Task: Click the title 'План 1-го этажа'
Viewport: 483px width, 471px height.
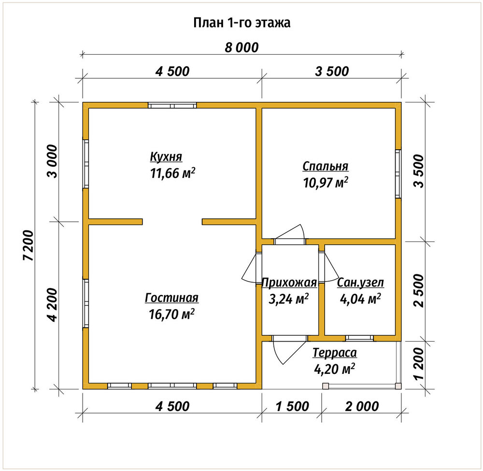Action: click(242, 23)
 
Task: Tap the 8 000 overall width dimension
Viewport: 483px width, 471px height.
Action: click(241, 48)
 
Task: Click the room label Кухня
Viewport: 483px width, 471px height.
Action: click(166, 157)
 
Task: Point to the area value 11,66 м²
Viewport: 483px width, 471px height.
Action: click(172, 173)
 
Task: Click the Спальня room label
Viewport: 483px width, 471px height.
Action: click(325, 166)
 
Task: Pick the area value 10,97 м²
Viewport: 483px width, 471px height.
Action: click(326, 183)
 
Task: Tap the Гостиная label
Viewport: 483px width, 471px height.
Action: click(171, 298)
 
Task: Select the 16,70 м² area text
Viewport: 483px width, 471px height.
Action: click(171, 314)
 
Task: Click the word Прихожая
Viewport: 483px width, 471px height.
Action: click(289, 283)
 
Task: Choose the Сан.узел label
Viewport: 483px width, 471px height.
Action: click(360, 283)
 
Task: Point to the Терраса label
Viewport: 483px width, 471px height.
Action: click(335, 353)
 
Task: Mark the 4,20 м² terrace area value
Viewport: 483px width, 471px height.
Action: click(334, 369)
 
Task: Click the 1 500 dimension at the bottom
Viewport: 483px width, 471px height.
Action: click(292, 407)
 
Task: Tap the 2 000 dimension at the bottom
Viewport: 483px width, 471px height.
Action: click(362, 407)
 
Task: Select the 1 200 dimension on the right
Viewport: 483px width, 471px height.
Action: click(419, 364)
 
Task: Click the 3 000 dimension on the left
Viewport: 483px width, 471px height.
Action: click(52, 161)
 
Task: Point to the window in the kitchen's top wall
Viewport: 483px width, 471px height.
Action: click(172, 105)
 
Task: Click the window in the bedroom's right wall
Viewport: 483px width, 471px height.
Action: click(398, 174)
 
